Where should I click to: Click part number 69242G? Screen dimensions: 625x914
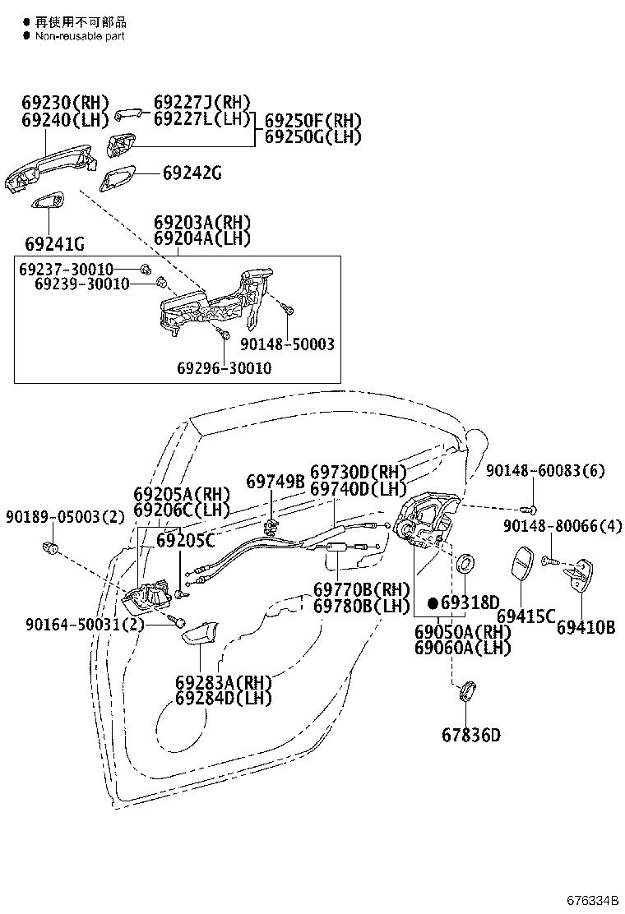pyautogui.click(x=192, y=173)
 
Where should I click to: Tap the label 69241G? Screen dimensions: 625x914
pyautogui.click(x=55, y=243)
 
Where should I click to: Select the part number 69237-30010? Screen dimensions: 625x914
pyautogui.click(x=67, y=269)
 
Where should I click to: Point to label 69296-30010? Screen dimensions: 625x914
pyautogui.click(x=225, y=367)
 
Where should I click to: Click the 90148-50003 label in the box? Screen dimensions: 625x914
pyautogui.click(x=288, y=344)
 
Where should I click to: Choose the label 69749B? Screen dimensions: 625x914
pyautogui.click(x=275, y=482)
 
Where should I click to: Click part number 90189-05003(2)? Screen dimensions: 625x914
pyautogui.click(x=65, y=516)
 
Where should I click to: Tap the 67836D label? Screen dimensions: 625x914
pyautogui.click(x=471, y=735)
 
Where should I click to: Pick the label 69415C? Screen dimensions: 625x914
pyautogui.click(x=525, y=616)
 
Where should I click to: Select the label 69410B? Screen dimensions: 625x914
pyautogui.click(x=586, y=627)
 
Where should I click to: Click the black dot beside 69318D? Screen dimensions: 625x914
pyautogui.click(x=433, y=602)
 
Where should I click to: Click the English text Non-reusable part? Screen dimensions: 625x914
pyautogui.click(x=80, y=36)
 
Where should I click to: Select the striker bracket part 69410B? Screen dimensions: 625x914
pyautogui.click(x=579, y=576)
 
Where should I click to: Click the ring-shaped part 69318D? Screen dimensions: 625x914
pyautogui.click(x=465, y=564)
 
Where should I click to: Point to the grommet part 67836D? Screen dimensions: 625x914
pyautogui.click(x=465, y=691)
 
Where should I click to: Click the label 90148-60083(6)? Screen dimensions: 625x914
pyautogui.click(x=546, y=470)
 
